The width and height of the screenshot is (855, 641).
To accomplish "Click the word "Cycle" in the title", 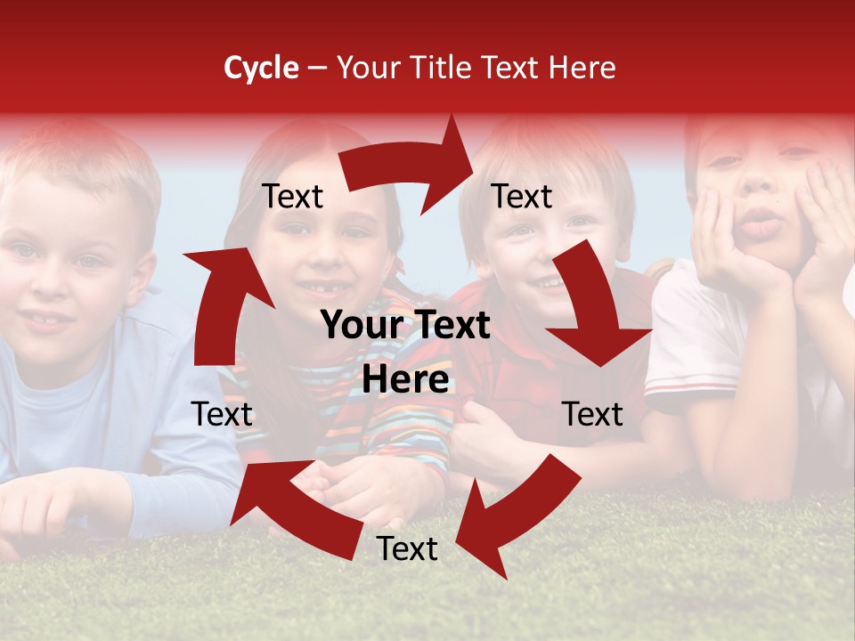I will [x=261, y=68].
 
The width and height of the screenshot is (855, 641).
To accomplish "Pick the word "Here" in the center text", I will [x=405, y=380].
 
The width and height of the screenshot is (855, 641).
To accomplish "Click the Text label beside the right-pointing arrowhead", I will [x=522, y=196].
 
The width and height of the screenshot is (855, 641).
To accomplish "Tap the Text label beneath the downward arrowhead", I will [x=592, y=414].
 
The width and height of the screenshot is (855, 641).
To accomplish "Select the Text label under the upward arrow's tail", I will [x=222, y=414].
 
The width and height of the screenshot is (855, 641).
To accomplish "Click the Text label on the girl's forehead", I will [x=292, y=196].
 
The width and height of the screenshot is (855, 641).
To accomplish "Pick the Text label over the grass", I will [x=407, y=548].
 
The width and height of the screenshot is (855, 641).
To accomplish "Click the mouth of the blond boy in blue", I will [x=45, y=320].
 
